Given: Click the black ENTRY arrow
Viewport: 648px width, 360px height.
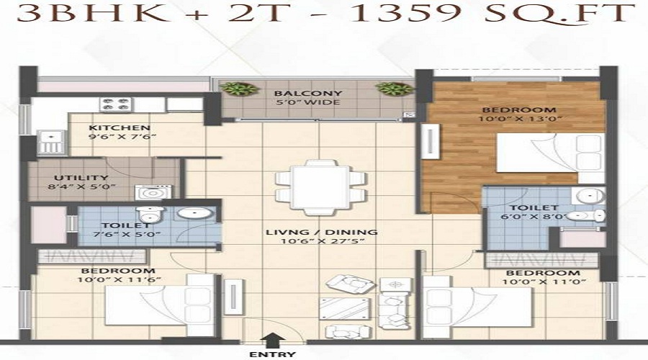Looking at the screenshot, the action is coord(273,341).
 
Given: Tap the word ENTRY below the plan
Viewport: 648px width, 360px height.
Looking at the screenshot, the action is coord(273,355).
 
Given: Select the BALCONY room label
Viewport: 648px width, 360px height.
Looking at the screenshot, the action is coord(308,94).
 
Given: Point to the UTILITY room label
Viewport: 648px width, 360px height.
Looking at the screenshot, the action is coord(81,178).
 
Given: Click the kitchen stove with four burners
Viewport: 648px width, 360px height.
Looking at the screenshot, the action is coord(116,104).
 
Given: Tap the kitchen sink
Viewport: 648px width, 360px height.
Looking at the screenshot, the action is coord(51,142).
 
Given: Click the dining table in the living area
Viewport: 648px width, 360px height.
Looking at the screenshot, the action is coord(320,188).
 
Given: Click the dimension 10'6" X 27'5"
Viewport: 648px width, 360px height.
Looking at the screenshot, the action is coord(323,241).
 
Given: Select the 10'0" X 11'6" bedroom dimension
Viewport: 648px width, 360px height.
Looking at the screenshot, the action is coord(119,280).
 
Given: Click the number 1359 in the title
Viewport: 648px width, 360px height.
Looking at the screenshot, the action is coord(407,14).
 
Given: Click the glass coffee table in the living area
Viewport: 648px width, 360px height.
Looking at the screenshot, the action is coord(345,308).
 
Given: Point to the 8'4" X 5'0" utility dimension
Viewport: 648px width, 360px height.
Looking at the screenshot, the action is coord(81,186).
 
